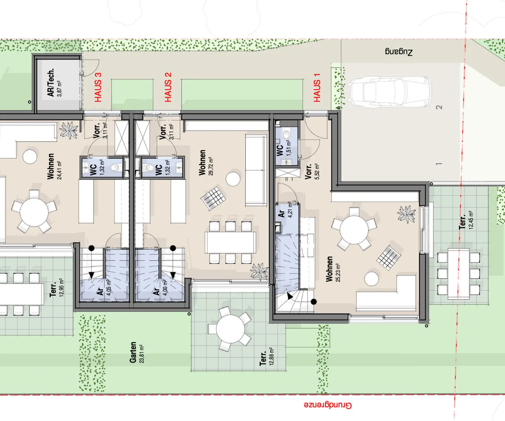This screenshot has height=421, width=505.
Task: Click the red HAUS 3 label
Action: (x=98, y=87)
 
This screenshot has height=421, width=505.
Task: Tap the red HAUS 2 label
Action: (x=168, y=87)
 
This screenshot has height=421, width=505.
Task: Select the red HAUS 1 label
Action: (x=317, y=88)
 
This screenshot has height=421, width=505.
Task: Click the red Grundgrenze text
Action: (x=328, y=405)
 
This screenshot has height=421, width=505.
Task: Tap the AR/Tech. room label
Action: (x=54, y=83)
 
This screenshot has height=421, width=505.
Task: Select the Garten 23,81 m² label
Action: (x=137, y=352)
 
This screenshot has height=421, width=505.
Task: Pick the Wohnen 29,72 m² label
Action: (x=206, y=163)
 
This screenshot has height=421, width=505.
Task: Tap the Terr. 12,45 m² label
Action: (x=466, y=220)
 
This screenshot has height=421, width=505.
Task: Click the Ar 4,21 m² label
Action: (x=285, y=210)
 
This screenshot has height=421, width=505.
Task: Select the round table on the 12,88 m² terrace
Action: (x=230, y=329)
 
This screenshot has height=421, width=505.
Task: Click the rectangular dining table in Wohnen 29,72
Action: (x=230, y=242)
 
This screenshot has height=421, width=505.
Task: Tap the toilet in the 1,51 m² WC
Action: (x=287, y=135)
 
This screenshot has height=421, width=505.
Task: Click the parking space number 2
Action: (x=439, y=107)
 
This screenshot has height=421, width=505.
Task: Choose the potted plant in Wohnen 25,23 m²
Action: (x=406, y=214)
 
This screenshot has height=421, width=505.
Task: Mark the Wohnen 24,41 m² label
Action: (x=54, y=166)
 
